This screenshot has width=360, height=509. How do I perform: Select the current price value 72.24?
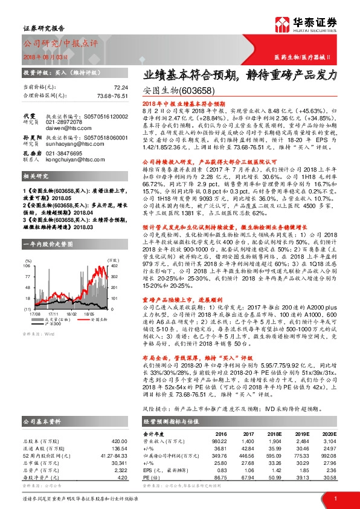(121, 87)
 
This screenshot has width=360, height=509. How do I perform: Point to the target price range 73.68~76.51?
(112, 96)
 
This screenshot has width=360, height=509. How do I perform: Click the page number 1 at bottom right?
(335, 498)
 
